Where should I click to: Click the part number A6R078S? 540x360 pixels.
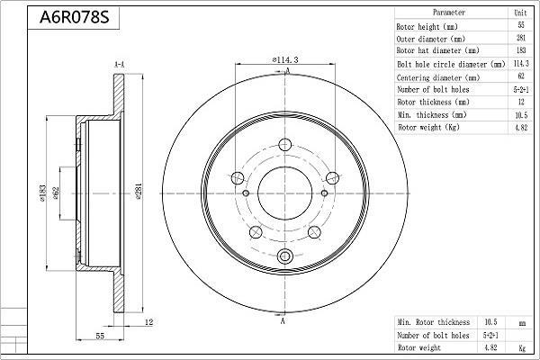pyautogui.click(x=75, y=17)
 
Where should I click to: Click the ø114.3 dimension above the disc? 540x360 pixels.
pyautogui.click(x=285, y=59)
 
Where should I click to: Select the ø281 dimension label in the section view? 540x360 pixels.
pyautogui.click(x=139, y=192)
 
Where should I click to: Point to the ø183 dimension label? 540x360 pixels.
pyautogui.click(x=42, y=193)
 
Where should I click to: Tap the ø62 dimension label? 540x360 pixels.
pyautogui.click(x=56, y=193)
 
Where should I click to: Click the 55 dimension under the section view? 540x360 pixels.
pyautogui.click(x=100, y=336)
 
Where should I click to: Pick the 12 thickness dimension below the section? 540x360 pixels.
pyautogui.click(x=148, y=322)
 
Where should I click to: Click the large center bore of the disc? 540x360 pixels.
pyautogui.click(x=284, y=193)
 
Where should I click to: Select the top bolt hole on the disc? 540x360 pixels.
pyautogui.click(x=284, y=145)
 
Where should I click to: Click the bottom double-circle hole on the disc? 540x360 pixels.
pyautogui.click(x=284, y=256)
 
